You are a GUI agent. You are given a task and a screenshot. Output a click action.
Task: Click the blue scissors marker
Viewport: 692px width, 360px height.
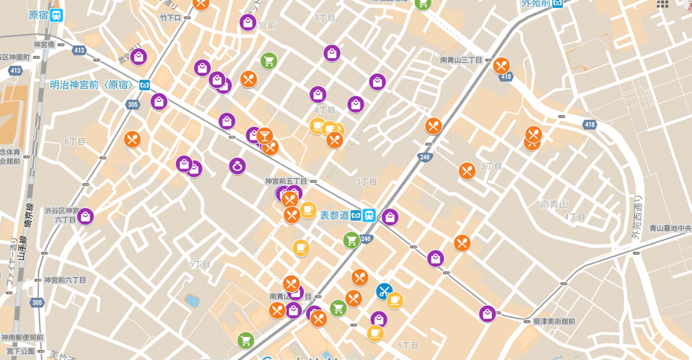pos(385,291)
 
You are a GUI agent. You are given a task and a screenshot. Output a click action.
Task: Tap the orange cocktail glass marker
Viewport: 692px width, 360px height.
pos(265,136)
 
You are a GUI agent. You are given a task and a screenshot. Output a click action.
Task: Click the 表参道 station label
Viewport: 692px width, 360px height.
pos(334,215)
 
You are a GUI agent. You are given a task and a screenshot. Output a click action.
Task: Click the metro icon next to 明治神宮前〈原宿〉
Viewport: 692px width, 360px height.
pos(144,85)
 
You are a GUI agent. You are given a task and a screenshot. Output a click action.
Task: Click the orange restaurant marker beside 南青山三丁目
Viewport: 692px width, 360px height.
pos(501,66)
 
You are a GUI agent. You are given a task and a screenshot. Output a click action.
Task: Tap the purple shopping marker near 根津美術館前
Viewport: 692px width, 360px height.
pos(487,314)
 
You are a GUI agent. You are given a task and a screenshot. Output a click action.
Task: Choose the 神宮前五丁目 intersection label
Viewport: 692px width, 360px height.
pos(285,181)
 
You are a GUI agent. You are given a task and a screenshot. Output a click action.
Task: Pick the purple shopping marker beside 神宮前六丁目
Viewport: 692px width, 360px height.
pos(85,217)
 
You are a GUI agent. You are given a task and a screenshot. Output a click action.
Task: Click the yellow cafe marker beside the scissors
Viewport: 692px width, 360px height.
pos(394,300)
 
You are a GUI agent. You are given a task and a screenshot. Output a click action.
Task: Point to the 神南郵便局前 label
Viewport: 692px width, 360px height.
pos(22,337)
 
